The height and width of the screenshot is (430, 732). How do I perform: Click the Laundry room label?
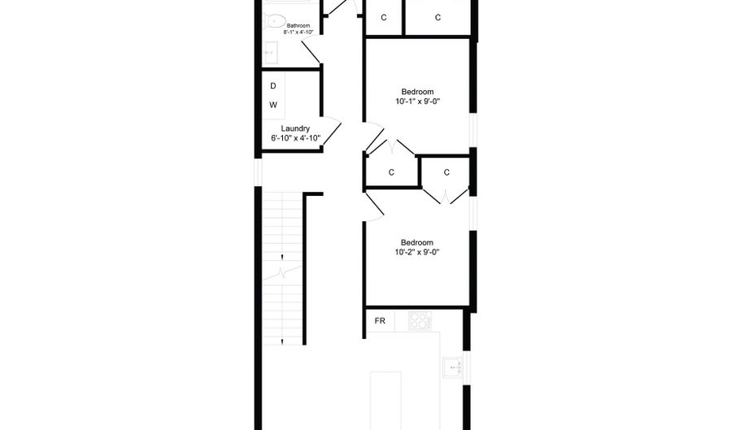(295, 128)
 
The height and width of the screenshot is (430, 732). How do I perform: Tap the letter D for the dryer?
(273, 86)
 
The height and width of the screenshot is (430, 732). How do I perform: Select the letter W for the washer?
(273, 105)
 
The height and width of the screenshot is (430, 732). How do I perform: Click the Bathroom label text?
(298, 26)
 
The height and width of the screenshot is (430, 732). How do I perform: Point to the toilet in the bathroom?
(274, 20)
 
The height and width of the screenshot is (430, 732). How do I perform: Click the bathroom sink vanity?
(270, 53)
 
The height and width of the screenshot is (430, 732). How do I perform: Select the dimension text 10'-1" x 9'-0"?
(417, 102)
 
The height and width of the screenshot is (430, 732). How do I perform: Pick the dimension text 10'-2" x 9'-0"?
(417, 252)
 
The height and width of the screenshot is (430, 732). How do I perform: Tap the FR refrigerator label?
(380, 321)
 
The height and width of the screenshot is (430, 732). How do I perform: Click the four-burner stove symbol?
(420, 320)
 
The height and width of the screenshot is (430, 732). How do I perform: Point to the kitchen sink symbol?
(452, 368)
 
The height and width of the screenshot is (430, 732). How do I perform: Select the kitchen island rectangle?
(386, 401)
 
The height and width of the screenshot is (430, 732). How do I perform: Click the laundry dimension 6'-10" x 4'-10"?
(295, 138)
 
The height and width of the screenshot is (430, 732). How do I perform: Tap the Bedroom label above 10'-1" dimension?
(417, 92)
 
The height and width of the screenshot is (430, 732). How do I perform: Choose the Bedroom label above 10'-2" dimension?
(417, 242)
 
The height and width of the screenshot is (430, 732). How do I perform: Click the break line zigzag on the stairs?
(282, 273)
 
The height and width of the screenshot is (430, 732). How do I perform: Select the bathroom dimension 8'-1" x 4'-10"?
(298, 33)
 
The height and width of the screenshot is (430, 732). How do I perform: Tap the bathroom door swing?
(312, 52)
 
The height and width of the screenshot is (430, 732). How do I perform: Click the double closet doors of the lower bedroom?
(446, 196)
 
